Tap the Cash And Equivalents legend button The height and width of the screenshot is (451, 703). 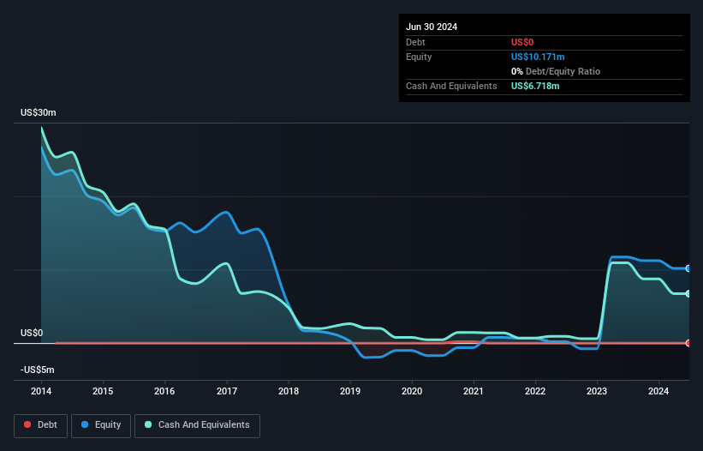point(197,424)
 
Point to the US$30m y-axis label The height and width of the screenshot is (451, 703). point(38,113)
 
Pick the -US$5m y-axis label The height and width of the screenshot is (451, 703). point(38,370)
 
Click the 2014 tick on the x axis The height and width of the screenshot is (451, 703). point(41,392)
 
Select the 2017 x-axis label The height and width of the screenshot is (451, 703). point(227,392)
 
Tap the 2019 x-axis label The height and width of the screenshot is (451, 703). point(350,392)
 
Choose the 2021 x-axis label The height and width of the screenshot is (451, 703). point(474,392)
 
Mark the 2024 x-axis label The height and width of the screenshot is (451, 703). point(658,392)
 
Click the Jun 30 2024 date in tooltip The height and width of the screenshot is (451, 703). point(432,27)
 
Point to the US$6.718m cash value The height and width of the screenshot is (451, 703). point(535,86)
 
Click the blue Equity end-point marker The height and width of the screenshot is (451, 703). point(688,268)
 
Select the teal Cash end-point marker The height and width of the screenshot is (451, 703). point(688,294)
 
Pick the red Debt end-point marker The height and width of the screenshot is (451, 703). point(688,343)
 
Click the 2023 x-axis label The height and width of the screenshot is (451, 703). point(597,392)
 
